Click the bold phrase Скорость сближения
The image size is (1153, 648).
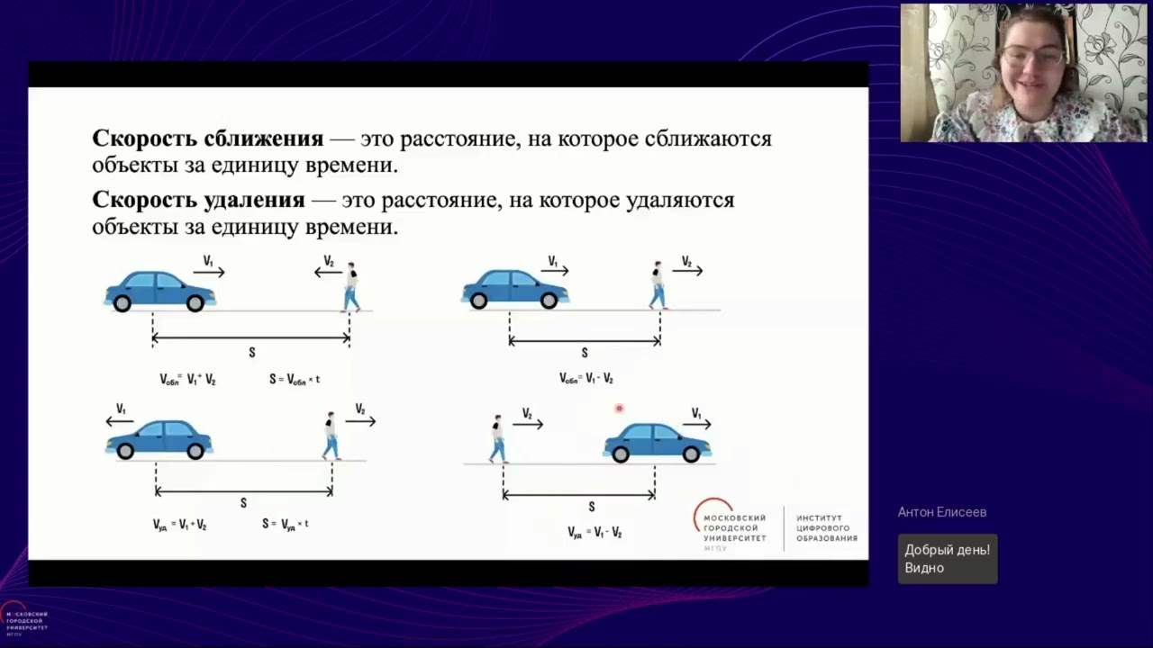tap(207, 139)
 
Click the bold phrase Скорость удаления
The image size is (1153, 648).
tap(198, 200)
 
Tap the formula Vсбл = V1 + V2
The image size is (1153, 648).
tap(187, 380)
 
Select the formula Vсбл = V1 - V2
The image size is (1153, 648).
tap(586, 379)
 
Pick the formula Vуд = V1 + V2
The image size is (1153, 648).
tap(179, 525)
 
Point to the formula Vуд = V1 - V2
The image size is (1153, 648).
tap(595, 533)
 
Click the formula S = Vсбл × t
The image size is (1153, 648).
tap(295, 380)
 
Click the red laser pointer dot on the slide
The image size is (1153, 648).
tap(619, 409)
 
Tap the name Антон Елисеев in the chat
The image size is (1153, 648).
tap(942, 512)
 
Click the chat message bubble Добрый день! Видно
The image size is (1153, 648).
tap(947, 559)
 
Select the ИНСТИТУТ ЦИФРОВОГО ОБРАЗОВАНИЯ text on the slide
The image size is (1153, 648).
tap(826, 528)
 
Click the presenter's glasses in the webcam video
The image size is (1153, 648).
tap(1033, 56)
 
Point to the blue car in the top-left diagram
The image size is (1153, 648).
tap(160, 291)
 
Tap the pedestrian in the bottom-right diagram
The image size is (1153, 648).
tap(497, 438)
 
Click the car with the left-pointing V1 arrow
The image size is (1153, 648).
tap(160, 438)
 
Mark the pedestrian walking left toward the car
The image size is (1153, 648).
tap(350, 287)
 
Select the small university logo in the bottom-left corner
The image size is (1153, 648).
tap(24, 620)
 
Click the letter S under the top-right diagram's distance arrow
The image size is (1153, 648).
tap(585, 354)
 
